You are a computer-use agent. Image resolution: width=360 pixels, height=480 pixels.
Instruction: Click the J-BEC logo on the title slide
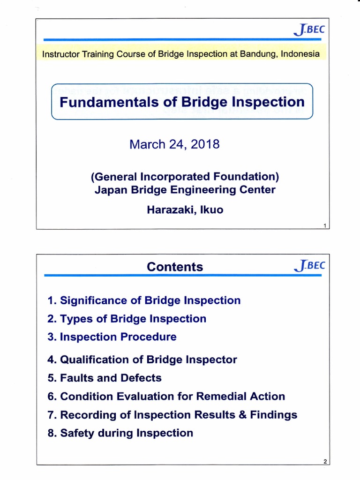pos(308,30)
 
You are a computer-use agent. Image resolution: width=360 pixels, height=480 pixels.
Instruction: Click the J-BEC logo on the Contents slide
pos(308,266)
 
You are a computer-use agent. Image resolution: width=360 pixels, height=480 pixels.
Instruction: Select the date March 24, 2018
pos(174,144)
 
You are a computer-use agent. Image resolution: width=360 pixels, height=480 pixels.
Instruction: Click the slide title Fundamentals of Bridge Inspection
pos(182,102)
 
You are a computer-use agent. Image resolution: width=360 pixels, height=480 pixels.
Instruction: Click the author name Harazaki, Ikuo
pos(185,210)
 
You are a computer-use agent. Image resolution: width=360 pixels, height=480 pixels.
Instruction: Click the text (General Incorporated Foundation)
pos(185,177)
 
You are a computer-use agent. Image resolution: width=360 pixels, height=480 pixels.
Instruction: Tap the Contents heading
pos(175,267)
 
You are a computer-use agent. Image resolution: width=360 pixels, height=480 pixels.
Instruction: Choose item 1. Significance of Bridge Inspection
pos(144,300)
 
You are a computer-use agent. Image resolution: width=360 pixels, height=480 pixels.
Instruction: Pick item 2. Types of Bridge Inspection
pos(127,319)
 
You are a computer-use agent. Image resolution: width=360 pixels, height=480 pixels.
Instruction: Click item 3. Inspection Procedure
pos(112,337)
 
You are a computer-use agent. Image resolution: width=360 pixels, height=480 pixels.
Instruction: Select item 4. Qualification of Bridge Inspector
pos(142,360)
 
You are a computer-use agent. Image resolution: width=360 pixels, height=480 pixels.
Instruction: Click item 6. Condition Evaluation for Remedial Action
pos(166,396)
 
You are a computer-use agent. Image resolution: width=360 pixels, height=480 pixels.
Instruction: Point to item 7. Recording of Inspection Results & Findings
pos(172,414)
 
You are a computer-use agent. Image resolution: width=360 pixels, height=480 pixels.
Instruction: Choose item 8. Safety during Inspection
pos(120,433)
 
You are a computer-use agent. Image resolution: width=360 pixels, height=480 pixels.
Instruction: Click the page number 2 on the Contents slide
pos(325,462)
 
